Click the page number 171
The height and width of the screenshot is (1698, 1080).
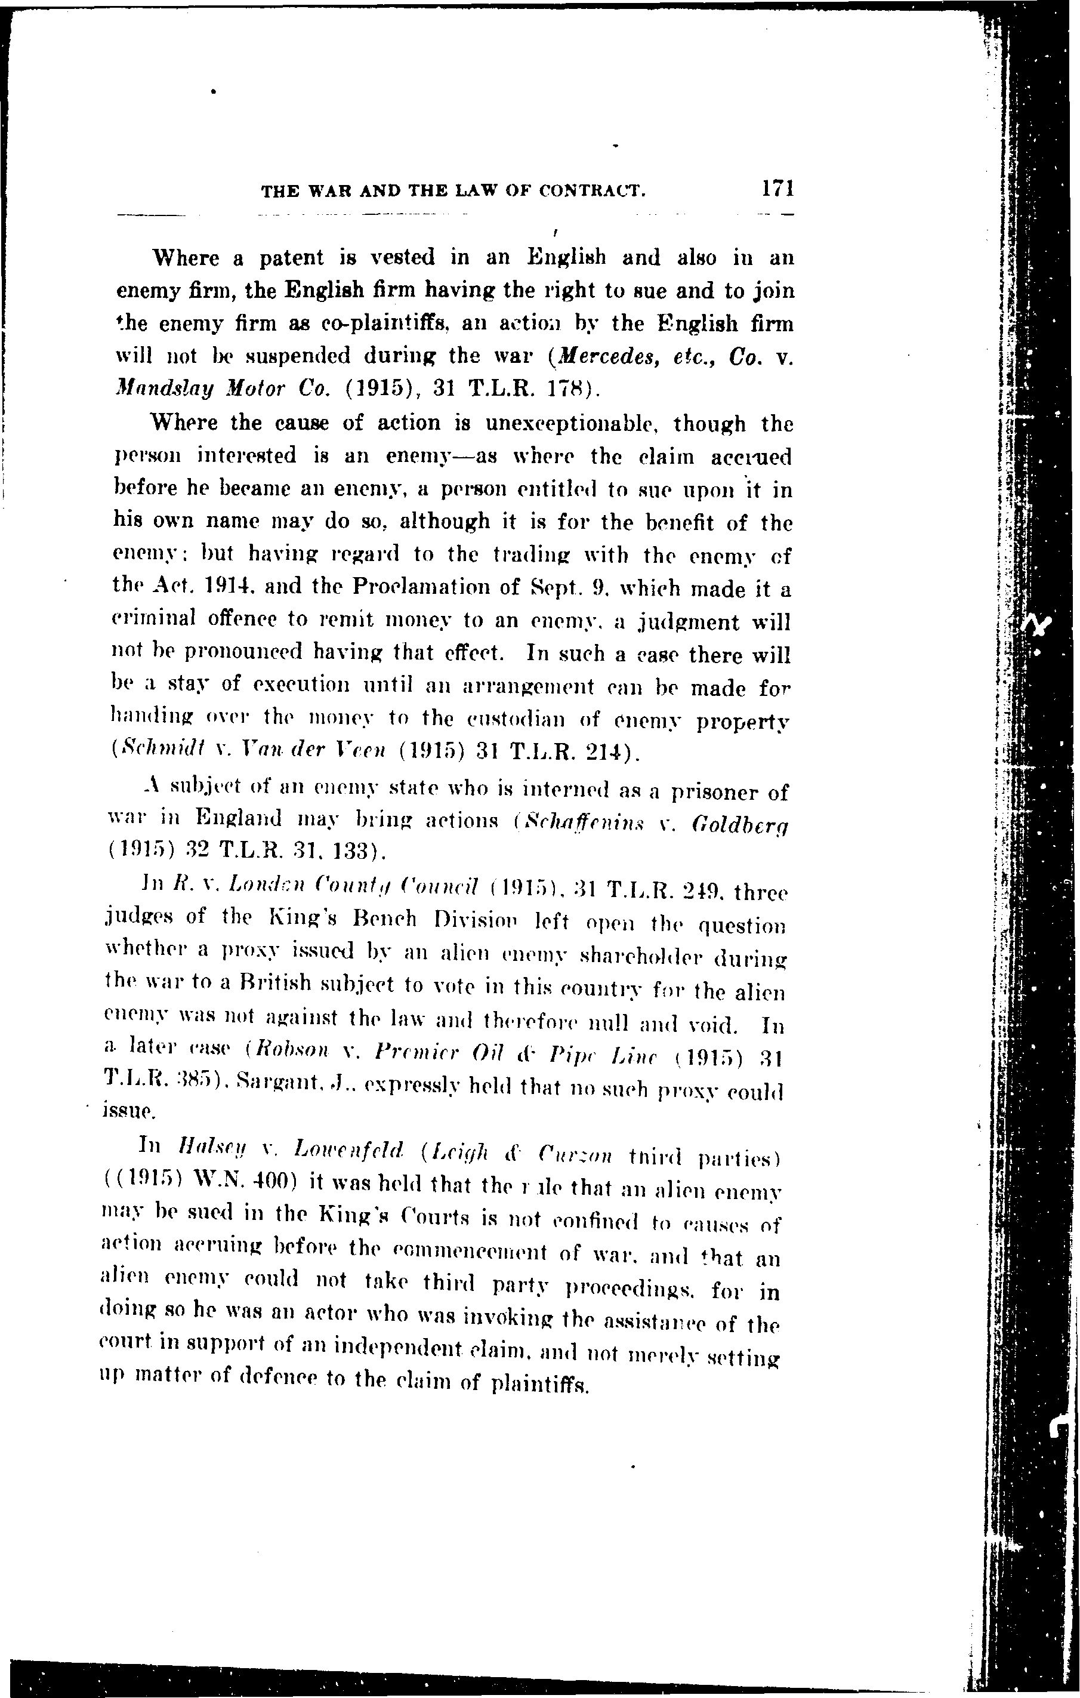(x=777, y=188)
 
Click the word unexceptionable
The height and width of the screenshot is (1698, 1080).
(x=571, y=424)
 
